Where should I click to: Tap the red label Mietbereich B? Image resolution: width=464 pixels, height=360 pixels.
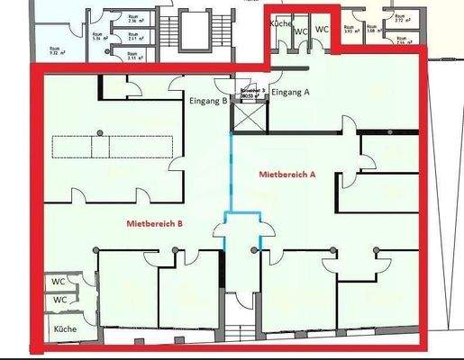point(154,221)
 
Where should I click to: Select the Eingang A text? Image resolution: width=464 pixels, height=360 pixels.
point(290,91)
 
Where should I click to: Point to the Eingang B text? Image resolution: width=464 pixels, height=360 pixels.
point(209,101)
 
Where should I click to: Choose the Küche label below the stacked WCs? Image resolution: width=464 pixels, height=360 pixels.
point(64,329)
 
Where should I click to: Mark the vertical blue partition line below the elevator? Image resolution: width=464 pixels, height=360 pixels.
point(232,171)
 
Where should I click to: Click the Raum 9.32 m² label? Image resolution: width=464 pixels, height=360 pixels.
point(55,52)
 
